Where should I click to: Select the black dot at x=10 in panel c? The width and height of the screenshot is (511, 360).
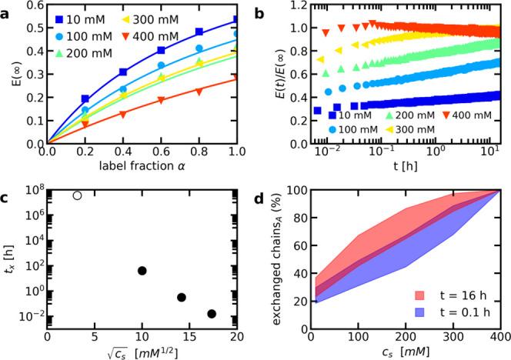point(142,271)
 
